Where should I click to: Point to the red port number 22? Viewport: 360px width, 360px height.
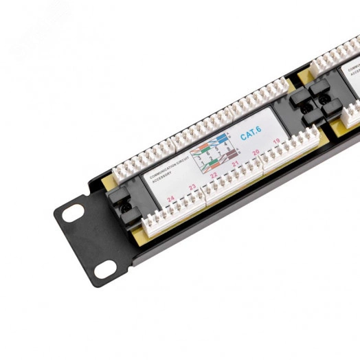pyautogui.click(x=214, y=175)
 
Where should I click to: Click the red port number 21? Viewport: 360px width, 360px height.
pyautogui.click(x=235, y=164)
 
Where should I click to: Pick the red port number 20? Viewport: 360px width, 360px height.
pyautogui.click(x=256, y=153)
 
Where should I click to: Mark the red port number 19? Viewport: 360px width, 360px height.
pyautogui.click(x=276, y=142)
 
